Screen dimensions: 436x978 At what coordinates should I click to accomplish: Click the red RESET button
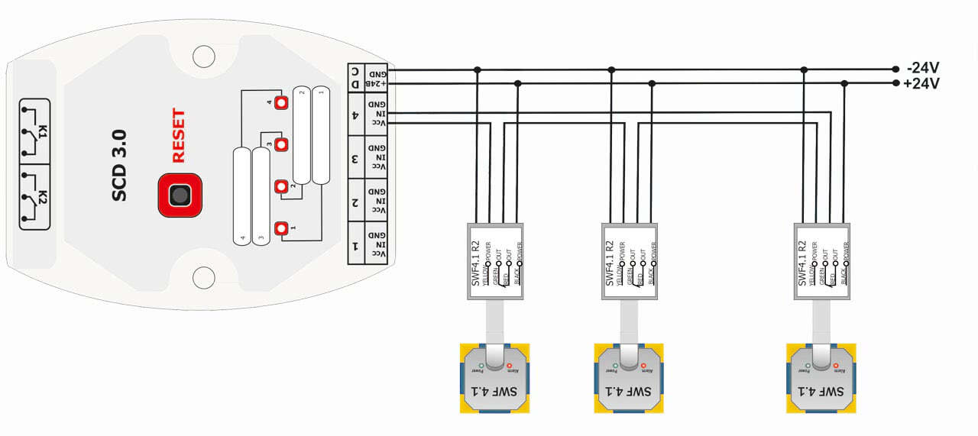click(180, 195)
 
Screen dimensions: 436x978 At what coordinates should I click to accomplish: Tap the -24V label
click(923, 66)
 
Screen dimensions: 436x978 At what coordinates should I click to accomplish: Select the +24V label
click(921, 84)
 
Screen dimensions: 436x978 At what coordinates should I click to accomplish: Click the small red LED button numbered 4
click(281, 102)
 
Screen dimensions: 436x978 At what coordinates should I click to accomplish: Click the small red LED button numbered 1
click(281, 228)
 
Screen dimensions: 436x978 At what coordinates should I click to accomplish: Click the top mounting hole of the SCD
click(204, 56)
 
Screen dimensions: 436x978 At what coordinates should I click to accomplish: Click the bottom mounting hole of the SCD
click(204, 277)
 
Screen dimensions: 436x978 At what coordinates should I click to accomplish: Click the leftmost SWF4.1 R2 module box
click(496, 261)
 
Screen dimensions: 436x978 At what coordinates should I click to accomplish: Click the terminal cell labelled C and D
click(356, 77)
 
